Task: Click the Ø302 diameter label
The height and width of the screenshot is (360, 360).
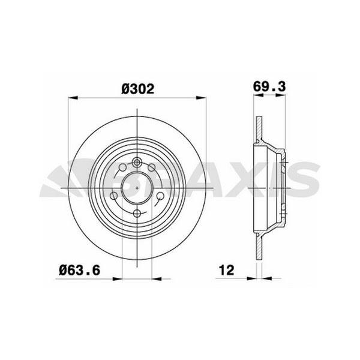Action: pos(138,89)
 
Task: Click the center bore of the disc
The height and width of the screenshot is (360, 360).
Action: pos(137,187)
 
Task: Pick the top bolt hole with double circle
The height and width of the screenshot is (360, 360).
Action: pos(137,161)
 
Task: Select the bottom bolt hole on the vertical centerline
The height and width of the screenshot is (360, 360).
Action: pos(137,214)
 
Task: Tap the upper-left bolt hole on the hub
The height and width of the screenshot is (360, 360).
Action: pos(123,167)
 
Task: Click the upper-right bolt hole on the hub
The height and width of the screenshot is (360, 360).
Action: pos(152,167)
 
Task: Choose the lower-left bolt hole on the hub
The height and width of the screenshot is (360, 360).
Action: pos(114,196)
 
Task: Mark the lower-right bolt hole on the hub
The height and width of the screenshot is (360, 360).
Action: pos(160,196)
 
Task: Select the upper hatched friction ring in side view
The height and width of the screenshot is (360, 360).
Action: pos(259,126)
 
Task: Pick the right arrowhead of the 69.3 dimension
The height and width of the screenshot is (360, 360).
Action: pos(282,97)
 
